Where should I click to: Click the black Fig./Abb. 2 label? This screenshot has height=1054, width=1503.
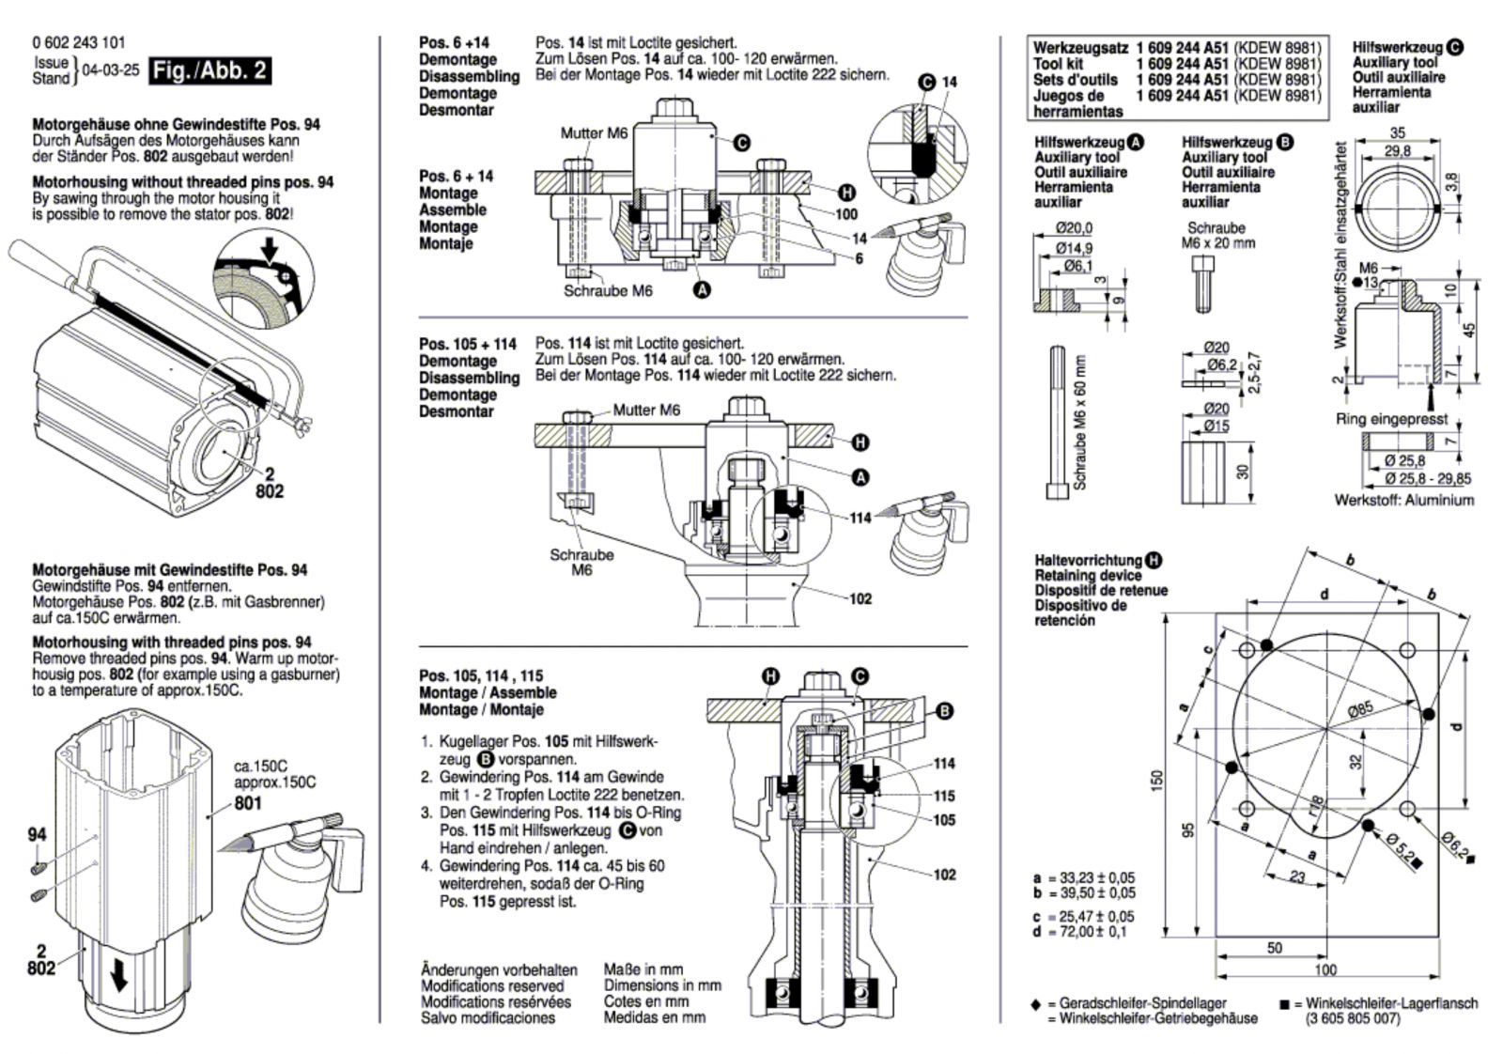[x=209, y=70]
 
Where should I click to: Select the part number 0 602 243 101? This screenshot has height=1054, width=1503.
[x=79, y=43]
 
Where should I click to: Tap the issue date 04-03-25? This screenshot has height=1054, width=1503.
[x=110, y=70]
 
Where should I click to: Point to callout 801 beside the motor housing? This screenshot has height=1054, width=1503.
[x=248, y=803]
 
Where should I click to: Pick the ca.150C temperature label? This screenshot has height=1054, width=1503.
[x=260, y=767]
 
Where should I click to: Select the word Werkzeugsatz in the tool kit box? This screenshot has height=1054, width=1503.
[x=1080, y=48]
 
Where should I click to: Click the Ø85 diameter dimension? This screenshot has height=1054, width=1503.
[x=1360, y=710]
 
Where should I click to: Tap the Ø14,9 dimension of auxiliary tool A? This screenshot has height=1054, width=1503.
[x=1074, y=248]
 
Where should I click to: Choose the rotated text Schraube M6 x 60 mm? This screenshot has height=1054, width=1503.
[x=1079, y=423]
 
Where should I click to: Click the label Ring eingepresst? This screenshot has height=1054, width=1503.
[x=1391, y=420]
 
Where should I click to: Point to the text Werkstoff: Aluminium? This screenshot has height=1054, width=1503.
[x=1403, y=500]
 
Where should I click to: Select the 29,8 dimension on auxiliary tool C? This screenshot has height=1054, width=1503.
[x=1397, y=150]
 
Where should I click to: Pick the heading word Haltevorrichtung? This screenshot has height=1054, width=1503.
[x=1088, y=560]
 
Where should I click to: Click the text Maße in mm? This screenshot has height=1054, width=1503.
[x=643, y=969]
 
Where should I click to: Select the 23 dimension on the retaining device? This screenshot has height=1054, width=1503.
[x=1297, y=876]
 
